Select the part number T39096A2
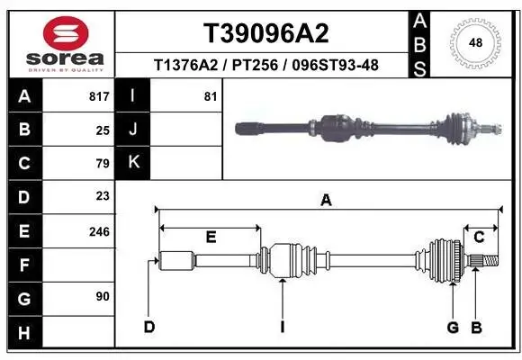(265, 33)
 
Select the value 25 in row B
(103, 130)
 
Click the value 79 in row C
(103, 163)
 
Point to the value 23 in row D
(103, 196)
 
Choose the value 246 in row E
(99, 231)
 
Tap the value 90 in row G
(103, 296)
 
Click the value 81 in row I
(211, 96)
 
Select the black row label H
(23, 333)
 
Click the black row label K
(132, 163)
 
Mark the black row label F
(23, 265)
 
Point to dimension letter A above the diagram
(326, 201)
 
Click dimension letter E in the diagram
(211, 238)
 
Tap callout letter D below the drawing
(150, 326)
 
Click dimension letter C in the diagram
(479, 238)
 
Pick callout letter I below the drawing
(282, 326)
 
